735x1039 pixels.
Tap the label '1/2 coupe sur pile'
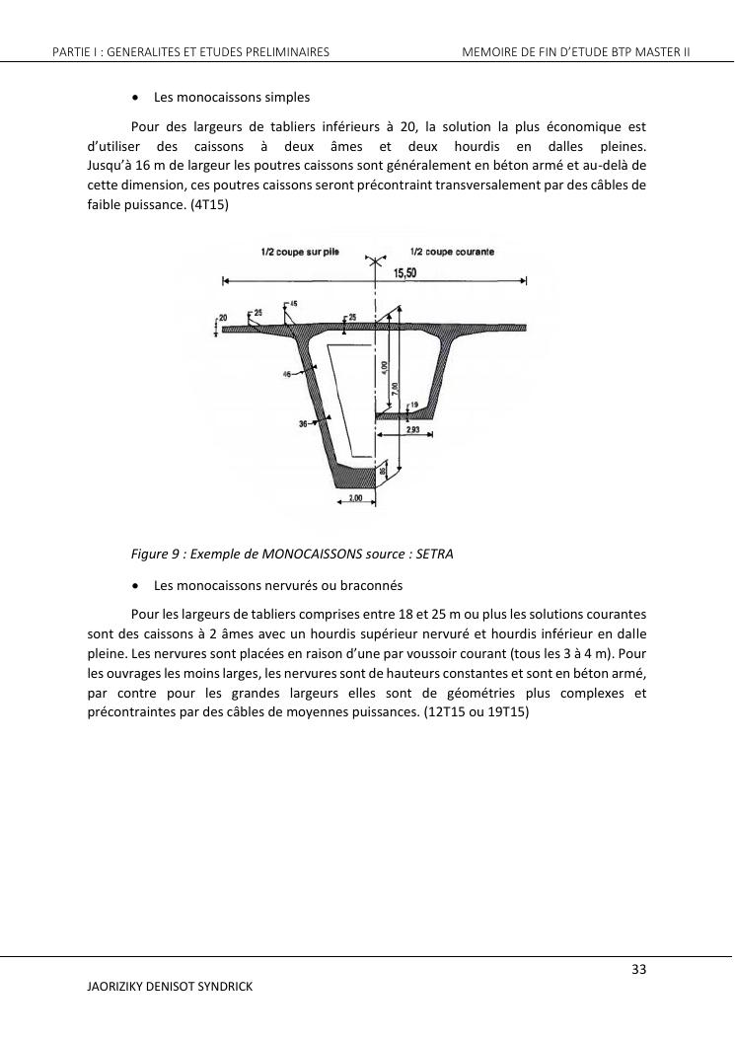[300, 253]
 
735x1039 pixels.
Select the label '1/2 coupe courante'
[453, 253]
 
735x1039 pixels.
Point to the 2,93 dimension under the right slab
[413, 430]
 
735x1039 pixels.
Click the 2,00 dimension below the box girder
[355, 499]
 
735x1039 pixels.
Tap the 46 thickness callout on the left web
[287, 375]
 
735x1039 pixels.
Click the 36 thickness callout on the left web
[304, 423]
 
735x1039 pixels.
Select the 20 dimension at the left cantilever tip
[223, 317]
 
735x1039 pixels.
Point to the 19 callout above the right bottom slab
[413, 405]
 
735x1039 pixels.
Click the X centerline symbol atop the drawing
[374, 260]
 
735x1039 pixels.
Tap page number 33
[638, 969]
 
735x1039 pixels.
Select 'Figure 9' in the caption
[157, 554]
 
